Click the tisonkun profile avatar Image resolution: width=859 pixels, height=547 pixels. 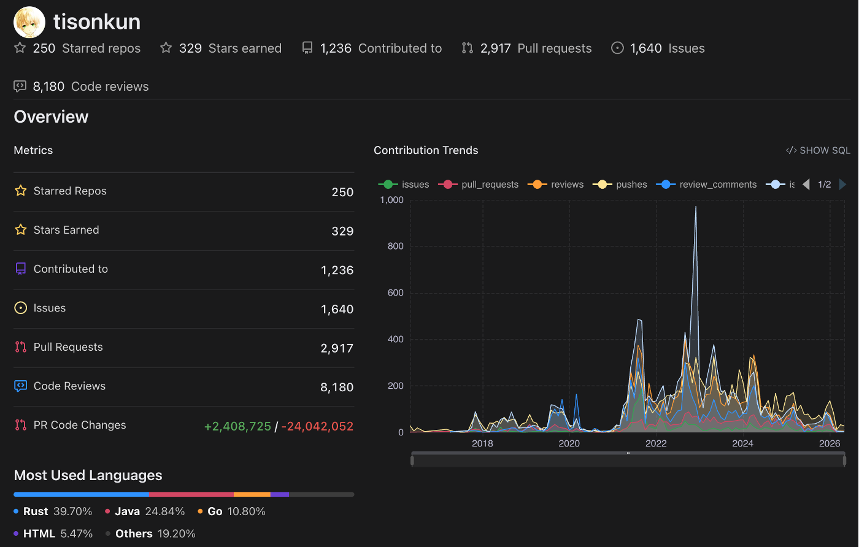29,22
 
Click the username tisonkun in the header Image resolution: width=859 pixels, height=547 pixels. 97,22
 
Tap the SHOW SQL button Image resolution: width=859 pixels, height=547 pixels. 818,150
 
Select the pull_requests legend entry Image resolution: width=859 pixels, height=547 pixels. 478,185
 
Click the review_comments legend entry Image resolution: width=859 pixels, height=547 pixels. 706,185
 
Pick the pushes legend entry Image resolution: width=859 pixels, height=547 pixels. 620,185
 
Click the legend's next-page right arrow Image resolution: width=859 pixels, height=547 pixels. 842,185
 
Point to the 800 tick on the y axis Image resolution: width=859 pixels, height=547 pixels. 395,246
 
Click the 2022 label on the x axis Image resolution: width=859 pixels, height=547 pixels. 656,443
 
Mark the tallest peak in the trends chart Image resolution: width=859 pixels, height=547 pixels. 696,207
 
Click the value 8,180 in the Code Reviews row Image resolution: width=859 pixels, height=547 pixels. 337,387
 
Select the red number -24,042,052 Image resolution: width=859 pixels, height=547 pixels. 318,426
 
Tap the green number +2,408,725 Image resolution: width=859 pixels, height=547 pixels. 238,426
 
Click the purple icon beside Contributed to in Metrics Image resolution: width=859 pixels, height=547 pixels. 21,269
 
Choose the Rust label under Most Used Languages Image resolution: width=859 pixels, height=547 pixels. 36,511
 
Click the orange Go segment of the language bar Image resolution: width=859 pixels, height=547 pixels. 252,494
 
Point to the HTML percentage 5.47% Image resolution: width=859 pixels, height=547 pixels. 76,534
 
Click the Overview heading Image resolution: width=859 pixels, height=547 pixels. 51,117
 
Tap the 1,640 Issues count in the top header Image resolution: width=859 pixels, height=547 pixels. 645,48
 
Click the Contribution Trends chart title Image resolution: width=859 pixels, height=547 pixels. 426,150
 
